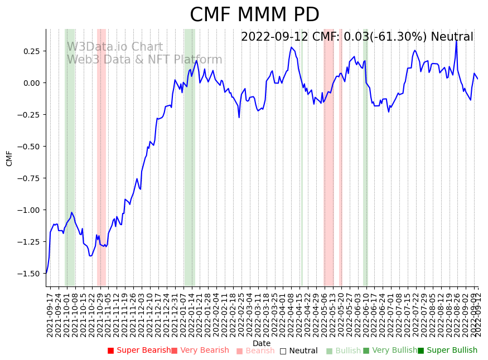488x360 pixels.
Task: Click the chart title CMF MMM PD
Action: click(254, 15)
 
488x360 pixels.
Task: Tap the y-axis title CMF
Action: click(9, 158)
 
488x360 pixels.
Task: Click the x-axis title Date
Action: click(261, 343)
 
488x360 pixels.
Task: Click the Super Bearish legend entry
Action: click(139, 351)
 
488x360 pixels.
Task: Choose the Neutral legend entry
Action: click(299, 351)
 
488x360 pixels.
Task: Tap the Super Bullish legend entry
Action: click(448, 351)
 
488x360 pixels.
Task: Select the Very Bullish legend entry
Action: click(390, 351)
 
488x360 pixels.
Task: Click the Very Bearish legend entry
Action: click(200, 351)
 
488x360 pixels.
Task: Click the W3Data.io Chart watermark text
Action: click(115, 47)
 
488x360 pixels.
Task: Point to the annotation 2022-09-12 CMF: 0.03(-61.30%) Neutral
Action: click(357, 37)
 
